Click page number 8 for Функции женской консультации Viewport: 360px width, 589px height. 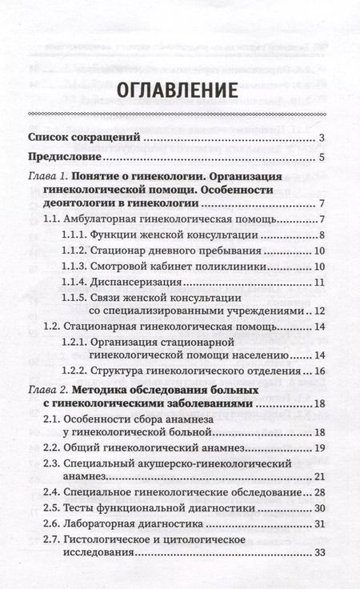pos(319,235)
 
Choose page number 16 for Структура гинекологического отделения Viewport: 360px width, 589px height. pos(317,371)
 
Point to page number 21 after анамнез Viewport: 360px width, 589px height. pos(317,478)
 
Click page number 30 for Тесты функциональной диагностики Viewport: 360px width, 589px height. pos(317,508)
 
